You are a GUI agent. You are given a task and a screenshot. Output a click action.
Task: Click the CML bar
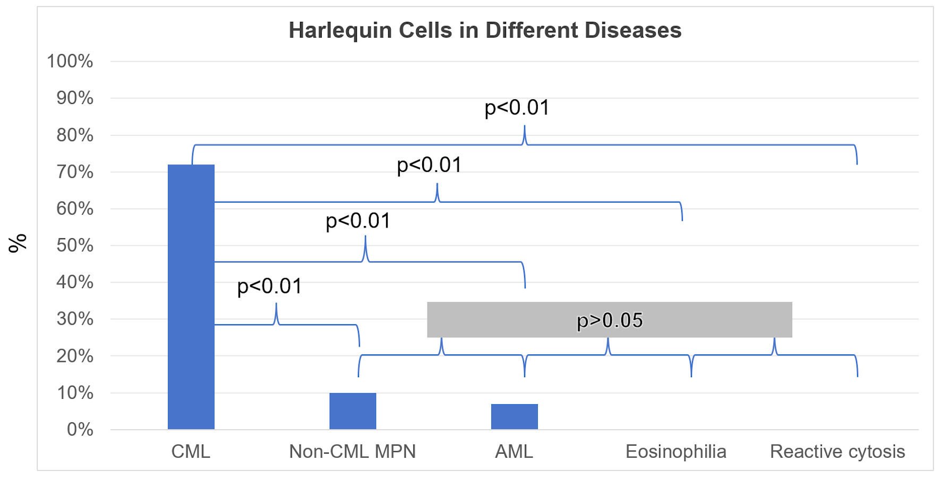(191, 297)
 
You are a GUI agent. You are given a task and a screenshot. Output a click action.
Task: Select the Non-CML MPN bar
(353, 411)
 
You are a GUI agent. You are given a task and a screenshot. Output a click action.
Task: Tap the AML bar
(514, 417)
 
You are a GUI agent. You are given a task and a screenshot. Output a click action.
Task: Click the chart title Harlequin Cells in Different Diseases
(485, 30)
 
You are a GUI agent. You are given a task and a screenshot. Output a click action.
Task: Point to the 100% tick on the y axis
(70, 61)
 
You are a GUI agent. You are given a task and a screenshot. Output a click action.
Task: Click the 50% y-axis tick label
(75, 245)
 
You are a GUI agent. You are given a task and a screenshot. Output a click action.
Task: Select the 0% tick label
(80, 429)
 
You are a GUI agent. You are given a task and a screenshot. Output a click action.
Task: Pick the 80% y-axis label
(75, 135)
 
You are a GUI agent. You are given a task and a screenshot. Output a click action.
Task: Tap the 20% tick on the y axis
(75, 355)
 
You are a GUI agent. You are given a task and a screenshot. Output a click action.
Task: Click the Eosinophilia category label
(675, 451)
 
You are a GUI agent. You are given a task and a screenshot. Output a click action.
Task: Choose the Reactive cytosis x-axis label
(837, 451)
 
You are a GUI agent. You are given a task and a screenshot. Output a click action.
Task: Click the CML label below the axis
(191, 451)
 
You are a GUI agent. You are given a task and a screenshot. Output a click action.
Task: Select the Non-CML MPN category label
(352, 451)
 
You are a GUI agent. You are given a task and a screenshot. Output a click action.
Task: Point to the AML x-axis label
(514, 451)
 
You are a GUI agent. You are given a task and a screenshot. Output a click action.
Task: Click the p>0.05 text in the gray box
(610, 320)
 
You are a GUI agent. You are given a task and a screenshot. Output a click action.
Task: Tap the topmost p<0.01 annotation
(517, 108)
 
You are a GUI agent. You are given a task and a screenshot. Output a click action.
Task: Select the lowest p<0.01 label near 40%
(269, 286)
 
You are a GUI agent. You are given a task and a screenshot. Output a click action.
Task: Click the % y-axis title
(18, 243)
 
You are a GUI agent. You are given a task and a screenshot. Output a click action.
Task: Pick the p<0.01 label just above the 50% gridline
(358, 221)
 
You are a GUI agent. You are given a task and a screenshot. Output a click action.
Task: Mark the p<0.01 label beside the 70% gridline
(429, 165)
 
